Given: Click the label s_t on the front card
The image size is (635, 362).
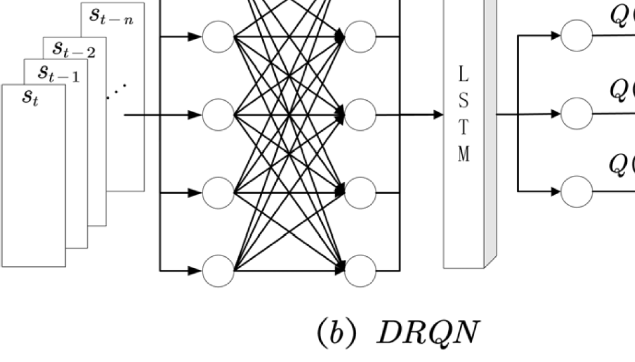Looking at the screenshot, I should (x=29, y=98).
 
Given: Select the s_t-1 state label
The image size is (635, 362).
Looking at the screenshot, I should (x=58, y=74).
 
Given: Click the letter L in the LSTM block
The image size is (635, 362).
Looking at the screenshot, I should (x=463, y=76).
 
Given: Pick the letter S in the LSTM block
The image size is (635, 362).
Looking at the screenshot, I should (x=463, y=101).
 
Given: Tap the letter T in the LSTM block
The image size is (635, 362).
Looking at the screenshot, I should (x=463, y=127).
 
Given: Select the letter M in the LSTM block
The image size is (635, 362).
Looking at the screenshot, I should (x=463, y=153).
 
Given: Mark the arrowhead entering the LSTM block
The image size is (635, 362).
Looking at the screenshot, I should (x=438, y=115).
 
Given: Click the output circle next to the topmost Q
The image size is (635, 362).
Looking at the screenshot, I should (x=577, y=36).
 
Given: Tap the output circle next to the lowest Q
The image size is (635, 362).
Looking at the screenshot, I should (x=577, y=191).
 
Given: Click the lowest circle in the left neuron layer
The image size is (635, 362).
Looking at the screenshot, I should (x=218, y=271).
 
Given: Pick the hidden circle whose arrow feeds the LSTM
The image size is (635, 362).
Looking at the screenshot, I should (x=360, y=115).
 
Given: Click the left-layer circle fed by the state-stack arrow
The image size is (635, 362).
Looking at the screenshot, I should (x=218, y=115).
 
